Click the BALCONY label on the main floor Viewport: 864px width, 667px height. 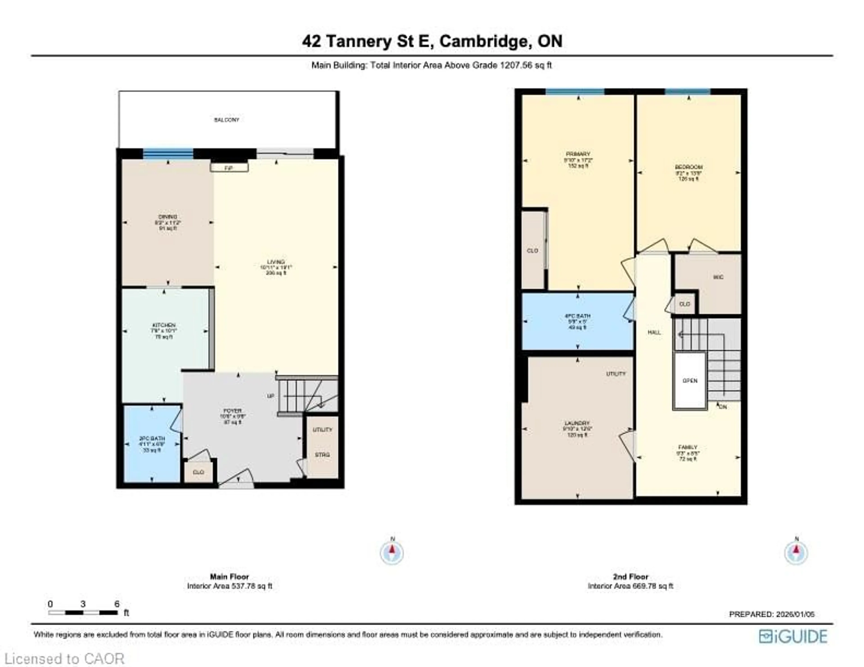pyautogui.click(x=227, y=120)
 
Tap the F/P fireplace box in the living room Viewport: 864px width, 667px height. pyautogui.click(x=229, y=168)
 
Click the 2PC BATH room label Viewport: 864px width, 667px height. pyautogui.click(x=151, y=438)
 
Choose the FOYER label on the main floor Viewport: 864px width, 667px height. pyautogui.click(x=232, y=411)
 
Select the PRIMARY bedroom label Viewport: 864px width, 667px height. pyautogui.click(x=578, y=154)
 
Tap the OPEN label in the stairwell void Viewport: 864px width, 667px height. pyautogui.click(x=690, y=381)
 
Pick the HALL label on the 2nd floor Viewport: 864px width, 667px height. pyautogui.click(x=654, y=332)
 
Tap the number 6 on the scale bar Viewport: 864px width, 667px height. pyautogui.click(x=117, y=604)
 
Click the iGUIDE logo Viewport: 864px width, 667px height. pyautogui.click(x=793, y=637)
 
